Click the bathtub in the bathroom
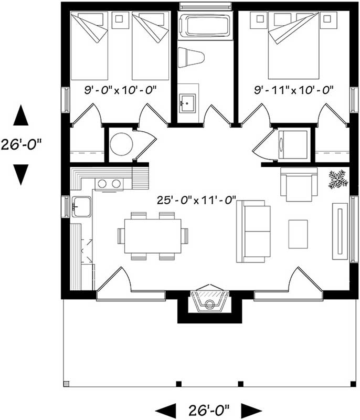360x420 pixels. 205,26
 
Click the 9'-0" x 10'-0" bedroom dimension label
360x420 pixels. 121,90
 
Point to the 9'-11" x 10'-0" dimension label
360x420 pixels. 294,90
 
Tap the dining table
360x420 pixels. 153,236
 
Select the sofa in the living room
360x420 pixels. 254,231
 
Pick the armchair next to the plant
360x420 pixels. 299,184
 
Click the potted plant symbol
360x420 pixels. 338,179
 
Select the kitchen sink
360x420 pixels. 81,206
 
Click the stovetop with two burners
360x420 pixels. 108,184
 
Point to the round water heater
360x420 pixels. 122,144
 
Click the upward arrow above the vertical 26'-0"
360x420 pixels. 21,115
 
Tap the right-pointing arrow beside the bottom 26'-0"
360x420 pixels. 254,409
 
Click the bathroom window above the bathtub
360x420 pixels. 205,6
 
